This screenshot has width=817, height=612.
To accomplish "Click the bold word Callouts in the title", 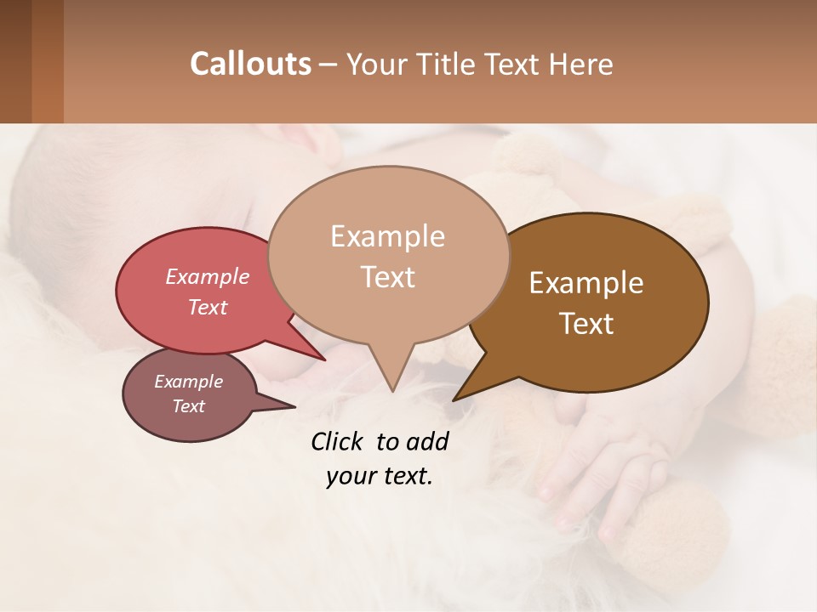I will click(x=250, y=65).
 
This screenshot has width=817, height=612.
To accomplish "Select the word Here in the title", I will click(x=580, y=65).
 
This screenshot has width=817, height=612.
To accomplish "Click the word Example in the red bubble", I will click(x=208, y=276).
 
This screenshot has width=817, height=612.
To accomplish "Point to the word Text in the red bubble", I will click(x=208, y=307).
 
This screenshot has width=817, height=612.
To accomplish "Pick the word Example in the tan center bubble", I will click(x=387, y=236).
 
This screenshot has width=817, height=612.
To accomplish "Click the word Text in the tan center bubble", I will click(x=387, y=277).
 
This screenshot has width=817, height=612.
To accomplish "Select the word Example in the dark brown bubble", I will click(x=586, y=283).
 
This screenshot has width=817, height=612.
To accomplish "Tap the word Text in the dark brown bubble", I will click(x=586, y=324).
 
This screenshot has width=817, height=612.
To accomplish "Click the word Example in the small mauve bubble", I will click(x=188, y=382).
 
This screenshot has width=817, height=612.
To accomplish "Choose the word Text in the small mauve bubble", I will click(x=188, y=406).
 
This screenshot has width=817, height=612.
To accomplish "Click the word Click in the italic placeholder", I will click(x=338, y=442).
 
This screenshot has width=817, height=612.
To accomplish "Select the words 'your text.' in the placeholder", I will click(x=380, y=477).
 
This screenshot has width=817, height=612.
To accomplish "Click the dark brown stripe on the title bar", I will click(x=15, y=61).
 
